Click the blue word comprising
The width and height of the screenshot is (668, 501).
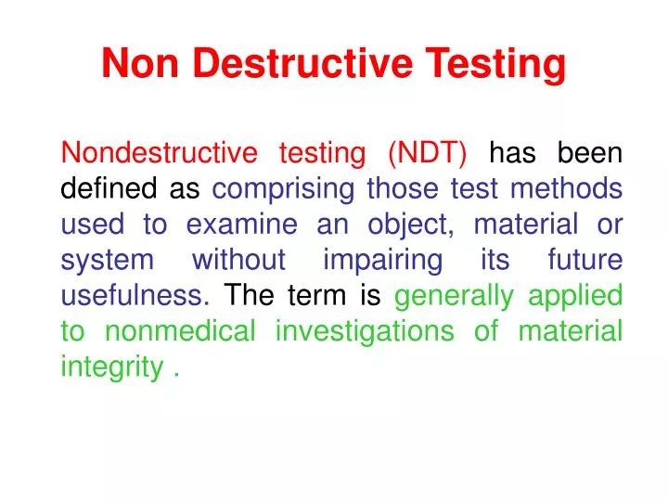(284, 188)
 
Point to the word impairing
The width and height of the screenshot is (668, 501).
(382, 260)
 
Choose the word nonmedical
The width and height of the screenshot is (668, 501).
(180, 331)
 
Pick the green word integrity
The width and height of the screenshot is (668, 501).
(111, 367)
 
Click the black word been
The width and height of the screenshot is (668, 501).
(590, 152)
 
